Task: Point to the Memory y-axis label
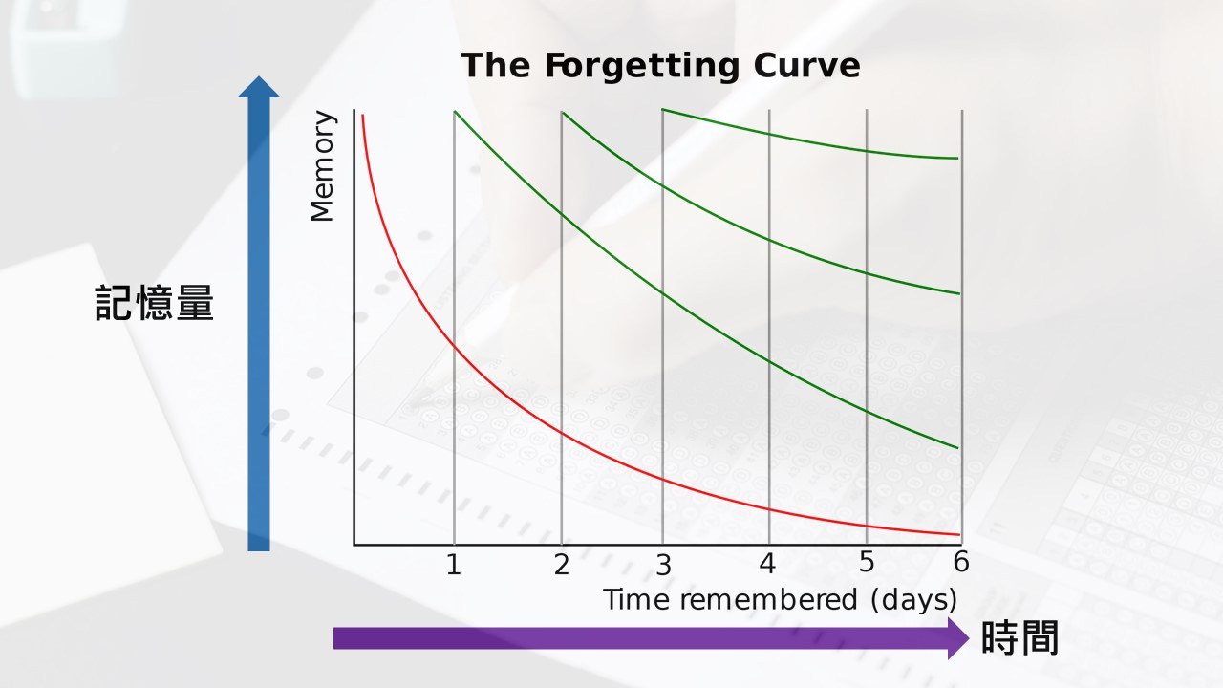pyautogui.click(x=324, y=166)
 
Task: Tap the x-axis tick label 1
pyautogui.click(x=454, y=565)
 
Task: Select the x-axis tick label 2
pyautogui.click(x=561, y=565)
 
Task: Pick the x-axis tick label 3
pyautogui.click(x=663, y=565)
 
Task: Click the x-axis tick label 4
pyautogui.click(x=768, y=564)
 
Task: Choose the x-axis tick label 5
pyautogui.click(x=867, y=562)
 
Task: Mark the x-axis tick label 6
pyautogui.click(x=961, y=562)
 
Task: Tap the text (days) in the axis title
pyautogui.click(x=913, y=600)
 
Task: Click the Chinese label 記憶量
pyautogui.click(x=155, y=303)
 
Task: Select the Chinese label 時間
pyautogui.click(x=1020, y=637)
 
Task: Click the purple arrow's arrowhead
pyautogui.click(x=958, y=637)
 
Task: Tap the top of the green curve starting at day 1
pyautogui.click(x=455, y=112)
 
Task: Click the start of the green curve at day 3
pyautogui.click(x=663, y=110)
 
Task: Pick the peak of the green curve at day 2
pyautogui.click(x=562, y=113)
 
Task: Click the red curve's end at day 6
pyautogui.click(x=958, y=535)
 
